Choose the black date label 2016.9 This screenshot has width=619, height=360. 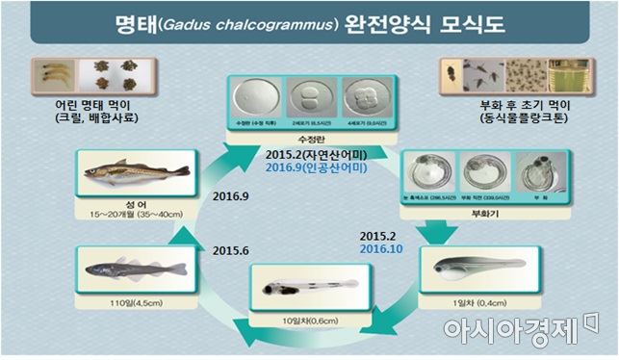coord(226,196)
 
